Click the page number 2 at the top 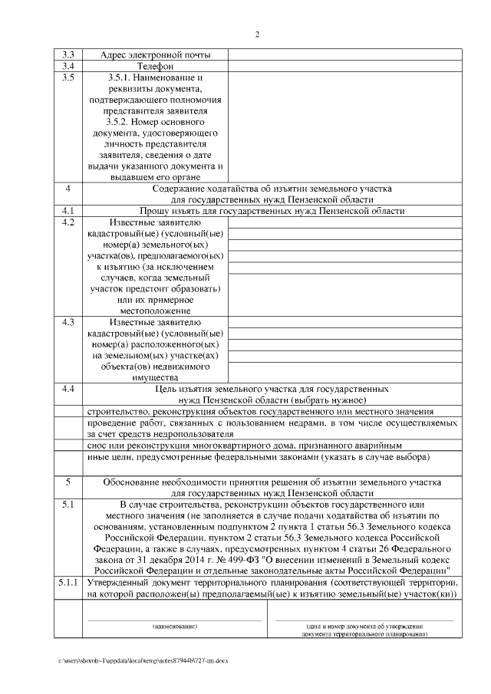click(258, 35)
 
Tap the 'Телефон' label click(155, 67)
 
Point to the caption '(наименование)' click(174, 627)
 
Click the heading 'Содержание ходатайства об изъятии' click(272, 189)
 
